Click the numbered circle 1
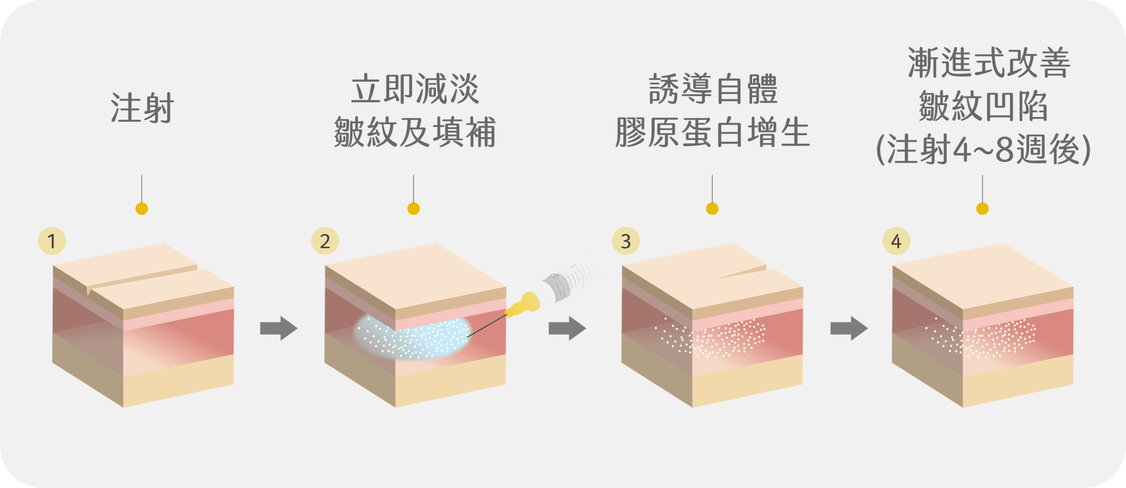[x=52, y=241]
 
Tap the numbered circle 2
[x=325, y=241]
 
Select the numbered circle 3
[x=626, y=241]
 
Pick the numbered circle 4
[x=896, y=241]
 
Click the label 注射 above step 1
[x=142, y=108]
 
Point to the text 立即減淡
[x=415, y=89]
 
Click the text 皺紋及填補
[x=415, y=132]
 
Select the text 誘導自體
[x=713, y=89]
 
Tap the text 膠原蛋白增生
[x=713, y=132]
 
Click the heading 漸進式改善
[x=989, y=63]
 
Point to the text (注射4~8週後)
[x=983, y=149]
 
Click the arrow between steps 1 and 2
[x=279, y=328]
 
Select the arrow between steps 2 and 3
[x=567, y=328]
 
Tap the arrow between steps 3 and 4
[x=849, y=328]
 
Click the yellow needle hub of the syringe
[x=523, y=304]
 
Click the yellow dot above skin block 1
[x=142, y=209]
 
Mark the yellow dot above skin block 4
[x=983, y=209]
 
